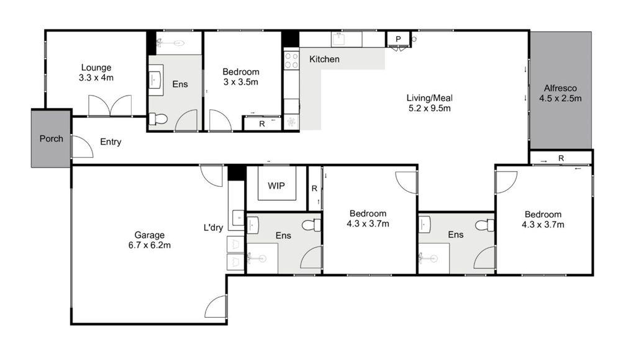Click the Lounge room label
(96, 73)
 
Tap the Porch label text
(51, 138)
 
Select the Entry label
(111, 142)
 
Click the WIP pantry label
(276, 186)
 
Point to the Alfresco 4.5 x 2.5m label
(561, 92)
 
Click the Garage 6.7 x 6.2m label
(150, 240)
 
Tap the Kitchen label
(324, 59)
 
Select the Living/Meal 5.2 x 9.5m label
(428, 103)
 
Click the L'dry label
(213, 228)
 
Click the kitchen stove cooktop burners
(291, 60)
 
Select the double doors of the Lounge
(110, 106)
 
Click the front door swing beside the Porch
(81, 146)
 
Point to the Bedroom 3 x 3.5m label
(241, 77)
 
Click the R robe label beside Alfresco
(561, 158)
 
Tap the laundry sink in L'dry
(238, 217)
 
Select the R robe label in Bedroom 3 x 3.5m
(262, 124)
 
